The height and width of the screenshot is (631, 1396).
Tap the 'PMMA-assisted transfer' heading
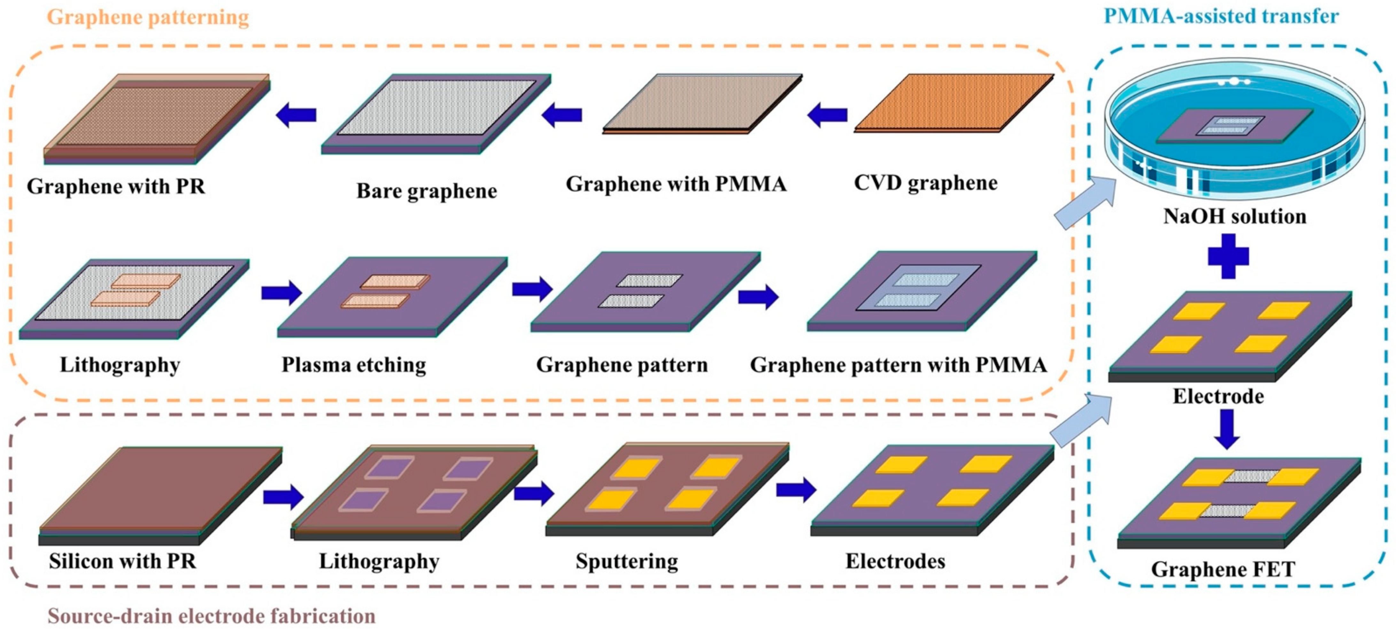point(1221,16)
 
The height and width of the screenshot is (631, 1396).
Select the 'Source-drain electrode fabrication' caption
point(211,616)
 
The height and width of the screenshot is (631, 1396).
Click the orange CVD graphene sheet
point(954,103)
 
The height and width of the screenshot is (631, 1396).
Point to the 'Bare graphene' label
point(426,191)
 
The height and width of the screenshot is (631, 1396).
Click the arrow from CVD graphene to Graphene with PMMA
point(827,115)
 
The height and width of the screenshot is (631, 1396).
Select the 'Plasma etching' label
point(353,365)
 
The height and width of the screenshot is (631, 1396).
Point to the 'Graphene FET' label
point(1223,569)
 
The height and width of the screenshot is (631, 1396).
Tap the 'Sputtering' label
point(626,561)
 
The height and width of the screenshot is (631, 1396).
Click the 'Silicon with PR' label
point(122,561)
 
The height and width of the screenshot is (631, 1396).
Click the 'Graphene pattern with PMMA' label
point(898,365)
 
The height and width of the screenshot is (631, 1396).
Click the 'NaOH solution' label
point(1235,216)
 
